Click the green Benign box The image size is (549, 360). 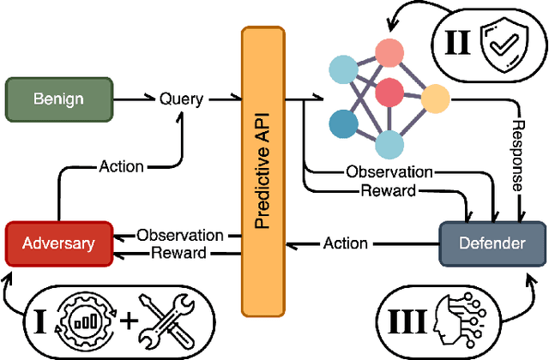pos(59,99)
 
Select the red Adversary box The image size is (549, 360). pos(58,243)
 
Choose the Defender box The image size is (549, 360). pos(492,243)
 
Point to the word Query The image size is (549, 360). pos(181,99)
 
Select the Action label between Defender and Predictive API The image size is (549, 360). pos(346,243)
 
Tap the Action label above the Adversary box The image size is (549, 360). pos(121,165)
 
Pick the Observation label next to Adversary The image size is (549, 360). pos(180,235)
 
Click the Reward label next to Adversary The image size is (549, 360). pos(178,252)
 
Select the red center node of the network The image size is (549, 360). pos(389,91)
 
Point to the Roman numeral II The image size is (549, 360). pos(460,39)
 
